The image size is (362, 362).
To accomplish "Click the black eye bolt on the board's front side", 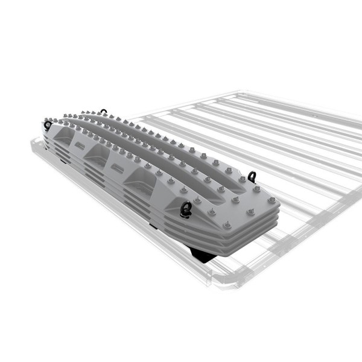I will pos(186,208).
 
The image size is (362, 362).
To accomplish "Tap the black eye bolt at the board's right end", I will pos(252,177).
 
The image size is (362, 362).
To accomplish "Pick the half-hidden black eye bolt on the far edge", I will pos(104,112).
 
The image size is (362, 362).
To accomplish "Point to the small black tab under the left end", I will pos(64,159).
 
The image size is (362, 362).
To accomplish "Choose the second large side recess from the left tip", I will pos(97,156).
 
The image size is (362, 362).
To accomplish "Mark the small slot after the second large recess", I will pos(115,165).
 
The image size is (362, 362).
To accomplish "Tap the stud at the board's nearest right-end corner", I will pos(227,225).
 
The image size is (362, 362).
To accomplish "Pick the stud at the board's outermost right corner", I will pos(271,200).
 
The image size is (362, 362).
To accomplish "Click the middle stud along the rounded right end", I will pos(251,212).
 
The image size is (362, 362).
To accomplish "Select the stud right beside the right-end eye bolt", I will pos(243,179).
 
